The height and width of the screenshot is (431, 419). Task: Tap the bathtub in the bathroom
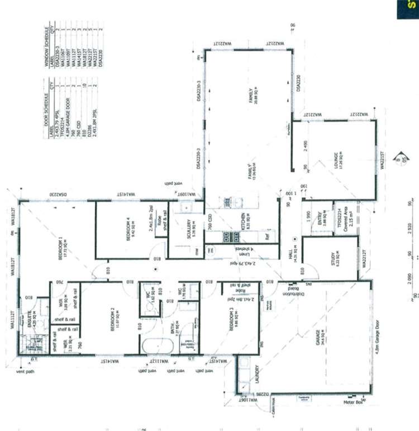click(x=152, y=346)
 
